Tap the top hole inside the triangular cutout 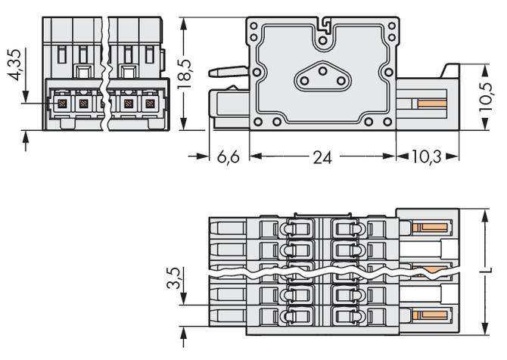tap(322, 70)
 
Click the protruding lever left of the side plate tap(227, 73)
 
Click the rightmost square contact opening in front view tap(149, 101)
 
